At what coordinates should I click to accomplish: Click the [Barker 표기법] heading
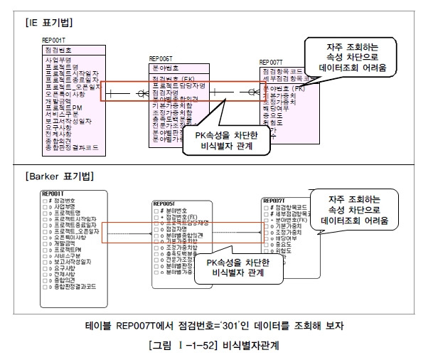(x=58, y=176)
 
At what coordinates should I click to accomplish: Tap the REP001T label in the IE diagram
(x=54, y=41)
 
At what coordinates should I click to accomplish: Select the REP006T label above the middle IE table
(x=161, y=59)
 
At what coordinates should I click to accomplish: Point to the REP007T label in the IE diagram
(x=272, y=63)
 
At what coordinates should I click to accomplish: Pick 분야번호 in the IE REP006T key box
(x=166, y=68)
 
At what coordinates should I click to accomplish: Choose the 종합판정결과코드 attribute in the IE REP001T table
(x=73, y=148)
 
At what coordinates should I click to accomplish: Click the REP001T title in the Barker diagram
(x=54, y=193)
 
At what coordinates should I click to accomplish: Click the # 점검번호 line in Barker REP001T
(x=65, y=200)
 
